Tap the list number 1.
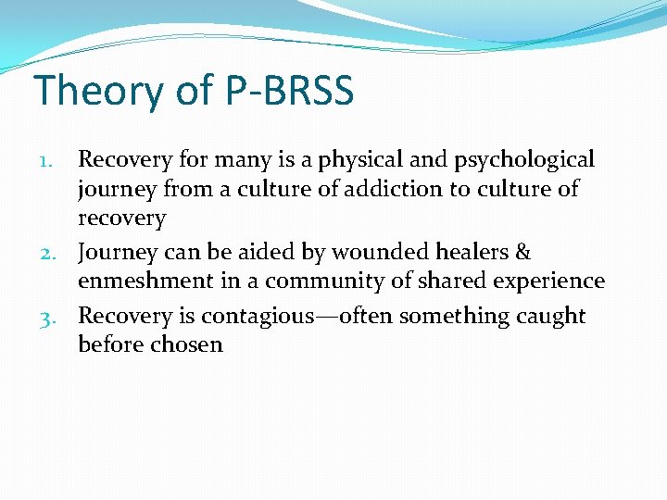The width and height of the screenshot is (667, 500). tap(55, 161)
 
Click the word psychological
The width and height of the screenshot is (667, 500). tap(523, 160)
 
